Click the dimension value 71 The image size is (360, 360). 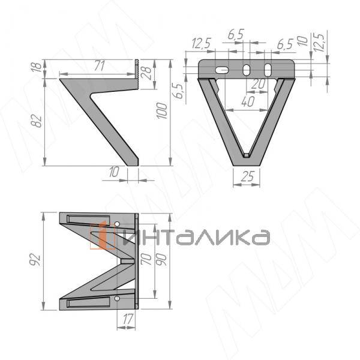tap(100, 66)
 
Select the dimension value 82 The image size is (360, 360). tap(36, 121)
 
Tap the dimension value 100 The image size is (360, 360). tap(162, 111)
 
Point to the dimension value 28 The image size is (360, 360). tap(147, 73)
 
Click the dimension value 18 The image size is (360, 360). tap(37, 67)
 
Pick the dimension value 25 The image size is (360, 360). tap(247, 176)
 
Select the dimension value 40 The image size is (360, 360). tap(248, 102)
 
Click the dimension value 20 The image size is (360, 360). tap(258, 84)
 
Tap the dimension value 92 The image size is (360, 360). tap(35, 260)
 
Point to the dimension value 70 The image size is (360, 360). tap(146, 259)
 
